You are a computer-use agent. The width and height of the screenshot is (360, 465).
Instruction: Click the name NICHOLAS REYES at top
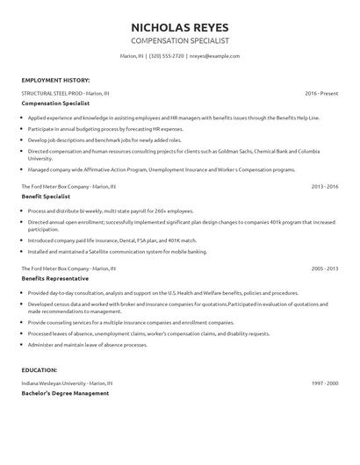(x=179, y=26)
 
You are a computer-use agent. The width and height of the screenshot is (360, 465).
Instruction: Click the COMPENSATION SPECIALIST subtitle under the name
(x=179, y=40)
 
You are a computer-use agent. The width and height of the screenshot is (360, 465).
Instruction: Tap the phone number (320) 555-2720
(x=168, y=55)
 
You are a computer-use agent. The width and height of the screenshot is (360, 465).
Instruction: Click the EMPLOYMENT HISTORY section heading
(x=54, y=79)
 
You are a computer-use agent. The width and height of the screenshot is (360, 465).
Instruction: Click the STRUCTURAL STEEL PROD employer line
(x=66, y=92)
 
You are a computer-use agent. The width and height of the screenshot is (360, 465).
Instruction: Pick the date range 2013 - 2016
(x=324, y=187)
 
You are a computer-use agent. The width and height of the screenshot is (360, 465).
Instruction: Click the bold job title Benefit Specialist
(x=46, y=197)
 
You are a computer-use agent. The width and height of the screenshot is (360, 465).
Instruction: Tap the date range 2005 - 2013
(x=324, y=268)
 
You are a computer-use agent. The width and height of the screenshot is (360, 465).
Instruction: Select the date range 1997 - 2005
(x=324, y=383)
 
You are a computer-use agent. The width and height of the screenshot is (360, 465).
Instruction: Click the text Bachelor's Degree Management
(x=66, y=393)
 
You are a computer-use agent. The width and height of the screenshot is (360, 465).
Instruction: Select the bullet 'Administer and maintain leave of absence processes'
(x=99, y=345)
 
